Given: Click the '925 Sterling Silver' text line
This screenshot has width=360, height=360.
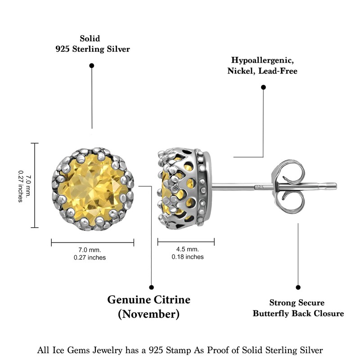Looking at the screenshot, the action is click(x=92, y=49).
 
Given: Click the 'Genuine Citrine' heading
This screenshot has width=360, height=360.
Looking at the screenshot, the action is click(x=148, y=300).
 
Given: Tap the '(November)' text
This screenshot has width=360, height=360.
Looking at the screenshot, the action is click(x=148, y=314).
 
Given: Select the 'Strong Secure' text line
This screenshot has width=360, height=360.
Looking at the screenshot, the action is click(x=297, y=303).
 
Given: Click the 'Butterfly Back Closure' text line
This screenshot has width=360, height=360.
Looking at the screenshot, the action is click(x=298, y=314).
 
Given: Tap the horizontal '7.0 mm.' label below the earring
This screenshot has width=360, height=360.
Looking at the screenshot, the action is click(x=90, y=250).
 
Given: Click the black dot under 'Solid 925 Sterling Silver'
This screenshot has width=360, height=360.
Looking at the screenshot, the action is click(x=92, y=66).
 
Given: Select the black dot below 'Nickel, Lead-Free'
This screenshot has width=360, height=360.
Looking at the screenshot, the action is click(x=263, y=87).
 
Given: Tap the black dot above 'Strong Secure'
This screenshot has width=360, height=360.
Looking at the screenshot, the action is click(x=298, y=287).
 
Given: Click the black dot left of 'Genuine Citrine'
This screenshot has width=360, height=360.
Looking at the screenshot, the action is click(x=151, y=287).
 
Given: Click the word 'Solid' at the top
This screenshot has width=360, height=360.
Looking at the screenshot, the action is click(x=90, y=39).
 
